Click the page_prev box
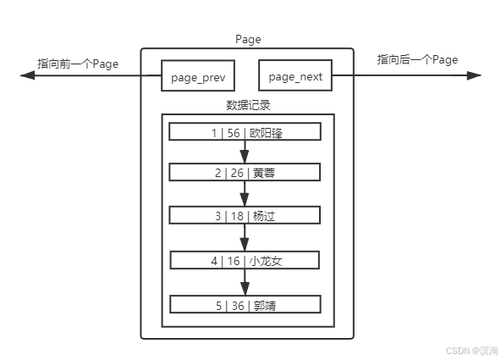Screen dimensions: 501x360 [198, 75]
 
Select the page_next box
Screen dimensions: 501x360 [295, 75]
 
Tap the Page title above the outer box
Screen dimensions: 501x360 [248, 40]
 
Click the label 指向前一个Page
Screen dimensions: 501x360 [78, 64]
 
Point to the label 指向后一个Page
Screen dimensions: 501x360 [417, 60]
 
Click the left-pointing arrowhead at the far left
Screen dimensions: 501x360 [27, 75]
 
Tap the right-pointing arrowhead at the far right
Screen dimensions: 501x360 [474, 75]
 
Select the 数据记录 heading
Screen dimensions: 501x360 [248, 105]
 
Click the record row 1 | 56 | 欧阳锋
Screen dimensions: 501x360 [245, 132]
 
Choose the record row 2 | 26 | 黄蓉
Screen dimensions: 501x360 [245, 172]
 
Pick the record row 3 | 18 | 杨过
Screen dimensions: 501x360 [245, 215]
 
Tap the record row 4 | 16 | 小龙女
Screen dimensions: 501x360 [245, 260]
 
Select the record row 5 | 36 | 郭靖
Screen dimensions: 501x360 [245, 304]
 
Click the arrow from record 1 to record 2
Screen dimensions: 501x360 [245, 152]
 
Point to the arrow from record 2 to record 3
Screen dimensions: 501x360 [245, 194]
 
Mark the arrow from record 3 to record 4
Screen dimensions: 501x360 [245, 237]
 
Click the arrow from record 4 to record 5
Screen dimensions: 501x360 [245, 282]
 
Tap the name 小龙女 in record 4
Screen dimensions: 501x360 [266, 261]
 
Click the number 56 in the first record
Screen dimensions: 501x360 [234, 133]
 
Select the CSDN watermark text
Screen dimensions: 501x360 [471, 351]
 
